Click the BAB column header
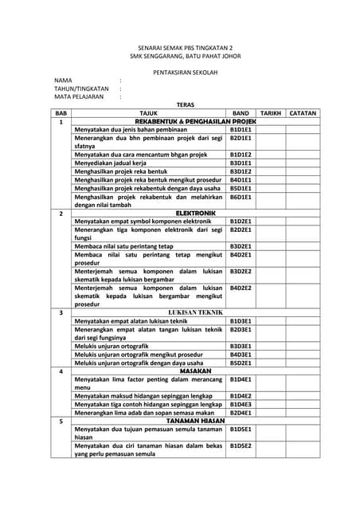coord(61,113)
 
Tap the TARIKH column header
coord(271,113)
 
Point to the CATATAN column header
coord(303,113)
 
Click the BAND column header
coord(241,113)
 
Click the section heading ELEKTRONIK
coord(195,214)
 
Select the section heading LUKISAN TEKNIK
coord(195,312)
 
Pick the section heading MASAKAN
coord(195,371)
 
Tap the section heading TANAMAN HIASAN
coord(195,421)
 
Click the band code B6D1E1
coord(241,197)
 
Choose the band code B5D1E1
coord(241,188)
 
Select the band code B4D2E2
coord(241,288)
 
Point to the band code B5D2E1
coord(241,363)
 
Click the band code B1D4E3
coord(241,404)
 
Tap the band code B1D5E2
coord(241,445)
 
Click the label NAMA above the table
coord(63,80)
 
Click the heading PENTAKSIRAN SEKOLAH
coord(185,72)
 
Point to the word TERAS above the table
coord(185,104)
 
